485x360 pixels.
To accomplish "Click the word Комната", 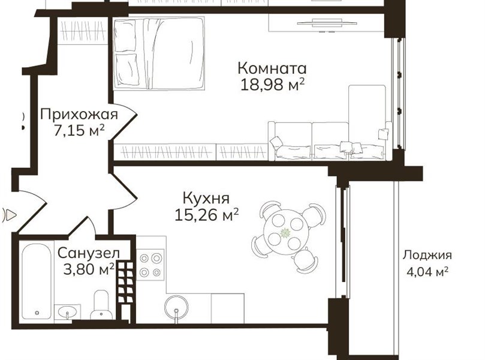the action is pyautogui.click(x=272, y=68).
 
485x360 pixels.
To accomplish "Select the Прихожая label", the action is pyautogui.click(x=79, y=115).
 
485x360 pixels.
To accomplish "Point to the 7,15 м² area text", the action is pyautogui.click(x=79, y=131).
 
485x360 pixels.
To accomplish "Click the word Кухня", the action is pyautogui.click(x=206, y=198).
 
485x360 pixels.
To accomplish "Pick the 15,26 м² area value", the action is pyautogui.click(x=207, y=215).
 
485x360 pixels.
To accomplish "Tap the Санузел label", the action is pyautogui.click(x=89, y=253).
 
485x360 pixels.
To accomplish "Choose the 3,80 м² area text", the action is pyautogui.click(x=89, y=269).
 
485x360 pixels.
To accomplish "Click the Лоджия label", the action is pyautogui.click(x=427, y=256).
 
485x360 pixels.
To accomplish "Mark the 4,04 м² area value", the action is pyautogui.click(x=427, y=272).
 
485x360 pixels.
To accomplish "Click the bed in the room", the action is pyautogui.click(x=159, y=53).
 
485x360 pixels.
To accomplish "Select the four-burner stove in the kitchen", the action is pyautogui.click(x=150, y=265).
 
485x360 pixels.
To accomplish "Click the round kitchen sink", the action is pyautogui.click(x=176, y=307).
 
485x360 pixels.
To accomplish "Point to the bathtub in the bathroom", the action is pyautogui.click(x=37, y=281).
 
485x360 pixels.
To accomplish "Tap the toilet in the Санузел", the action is pyautogui.click(x=101, y=305).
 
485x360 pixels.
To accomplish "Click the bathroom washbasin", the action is pyautogui.click(x=67, y=312).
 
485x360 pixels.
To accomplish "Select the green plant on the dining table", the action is pyautogui.click(x=285, y=232).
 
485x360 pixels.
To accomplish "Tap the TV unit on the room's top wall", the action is pyautogui.click(x=327, y=23).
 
